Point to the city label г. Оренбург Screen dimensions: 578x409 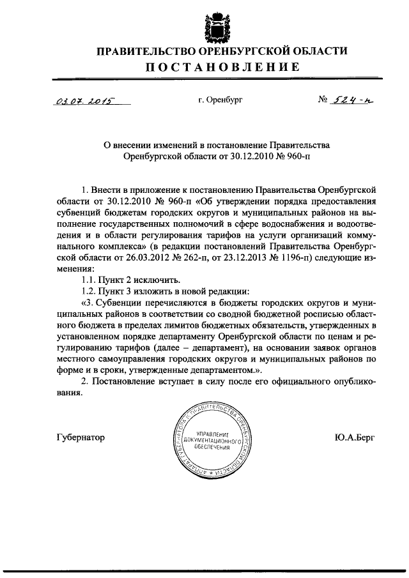pos(221,100)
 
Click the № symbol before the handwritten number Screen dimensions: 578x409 pos(323,100)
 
